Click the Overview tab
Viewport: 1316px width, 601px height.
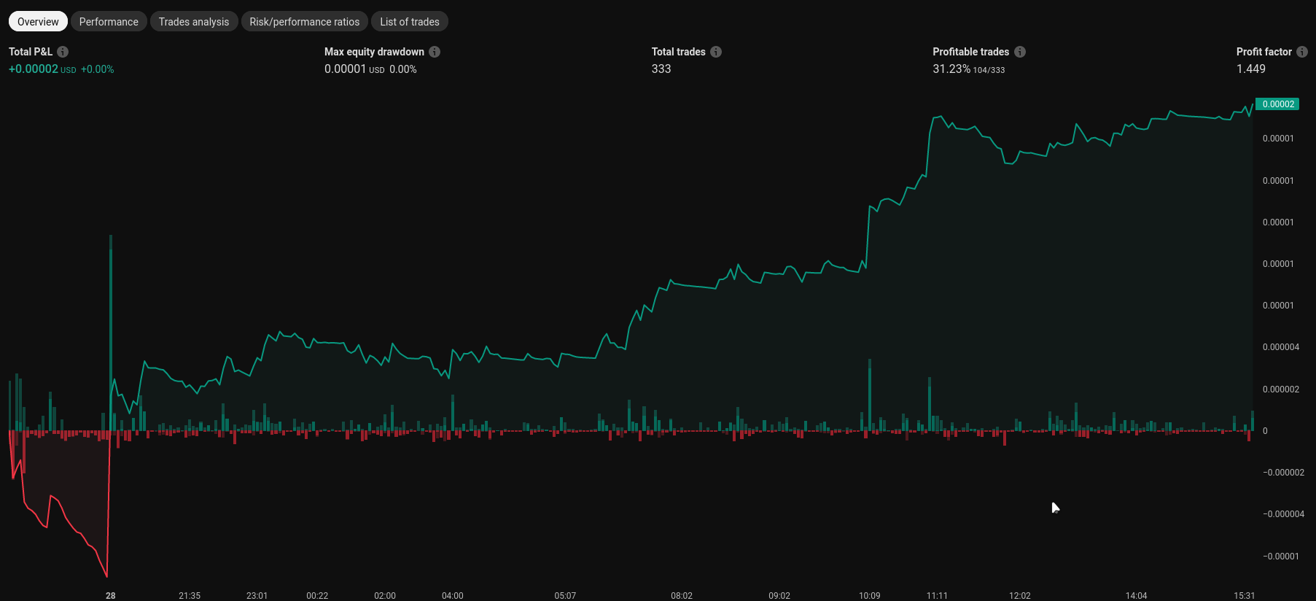coord(38,22)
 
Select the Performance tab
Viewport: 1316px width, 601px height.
coord(109,22)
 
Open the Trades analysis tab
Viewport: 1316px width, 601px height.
coord(194,22)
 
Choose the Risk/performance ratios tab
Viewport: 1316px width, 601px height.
coord(304,22)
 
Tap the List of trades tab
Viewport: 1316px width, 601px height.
coord(409,22)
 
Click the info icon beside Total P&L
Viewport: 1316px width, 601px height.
coord(63,52)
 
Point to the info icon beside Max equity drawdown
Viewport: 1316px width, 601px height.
coord(435,52)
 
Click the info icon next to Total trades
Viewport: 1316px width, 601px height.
coord(716,52)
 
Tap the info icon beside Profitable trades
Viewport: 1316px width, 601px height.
coord(1020,52)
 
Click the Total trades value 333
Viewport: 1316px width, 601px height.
coord(661,69)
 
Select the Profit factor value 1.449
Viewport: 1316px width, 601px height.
coord(1250,69)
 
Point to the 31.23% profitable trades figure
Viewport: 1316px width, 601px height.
coord(951,69)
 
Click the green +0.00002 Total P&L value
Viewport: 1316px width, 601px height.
coord(34,69)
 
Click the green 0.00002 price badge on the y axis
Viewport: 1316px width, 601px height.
coord(1277,104)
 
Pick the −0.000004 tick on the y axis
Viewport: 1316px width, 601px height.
coord(1283,514)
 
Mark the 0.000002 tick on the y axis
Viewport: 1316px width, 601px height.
coord(1280,389)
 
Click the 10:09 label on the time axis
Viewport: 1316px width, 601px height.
coord(869,596)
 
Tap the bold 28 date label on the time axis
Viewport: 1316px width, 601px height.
coord(111,596)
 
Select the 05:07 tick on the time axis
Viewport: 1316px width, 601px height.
coord(565,596)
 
